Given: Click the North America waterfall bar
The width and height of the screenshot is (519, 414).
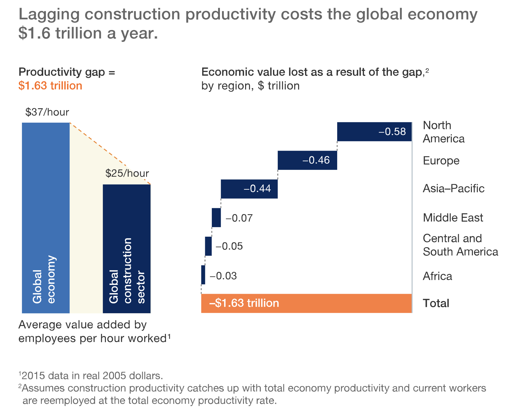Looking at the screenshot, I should point(374,132).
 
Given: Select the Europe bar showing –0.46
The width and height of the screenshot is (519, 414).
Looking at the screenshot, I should point(307,160).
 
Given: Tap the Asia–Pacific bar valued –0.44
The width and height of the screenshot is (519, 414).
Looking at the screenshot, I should point(249,189).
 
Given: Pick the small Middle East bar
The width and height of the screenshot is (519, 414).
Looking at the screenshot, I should point(216,217).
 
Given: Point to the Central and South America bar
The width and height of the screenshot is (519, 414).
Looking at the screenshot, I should point(208,246).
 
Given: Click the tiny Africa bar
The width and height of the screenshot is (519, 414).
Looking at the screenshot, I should point(203,275).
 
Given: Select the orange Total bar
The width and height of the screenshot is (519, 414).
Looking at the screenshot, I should point(306,303).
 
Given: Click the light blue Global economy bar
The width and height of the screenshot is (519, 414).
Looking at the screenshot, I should point(46,218).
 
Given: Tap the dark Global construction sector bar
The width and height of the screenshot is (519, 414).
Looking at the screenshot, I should point(127,249).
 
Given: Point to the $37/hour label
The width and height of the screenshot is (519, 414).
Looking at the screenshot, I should point(47,112).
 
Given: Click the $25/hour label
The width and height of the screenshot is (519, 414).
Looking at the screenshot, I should point(127,173).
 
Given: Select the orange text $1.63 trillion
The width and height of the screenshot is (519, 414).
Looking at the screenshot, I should point(50,86).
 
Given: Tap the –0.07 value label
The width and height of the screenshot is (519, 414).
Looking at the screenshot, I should point(239,218).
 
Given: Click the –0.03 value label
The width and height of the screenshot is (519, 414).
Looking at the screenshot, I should point(223,276).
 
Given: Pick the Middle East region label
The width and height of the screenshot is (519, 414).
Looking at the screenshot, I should point(453,217).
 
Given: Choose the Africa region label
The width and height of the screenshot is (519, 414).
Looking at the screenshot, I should point(437,276).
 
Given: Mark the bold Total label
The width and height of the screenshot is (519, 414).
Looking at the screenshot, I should point(436,303).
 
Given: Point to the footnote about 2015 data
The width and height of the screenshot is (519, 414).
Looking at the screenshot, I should point(91,376).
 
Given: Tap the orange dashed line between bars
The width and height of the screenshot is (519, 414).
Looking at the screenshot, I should point(110,153).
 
